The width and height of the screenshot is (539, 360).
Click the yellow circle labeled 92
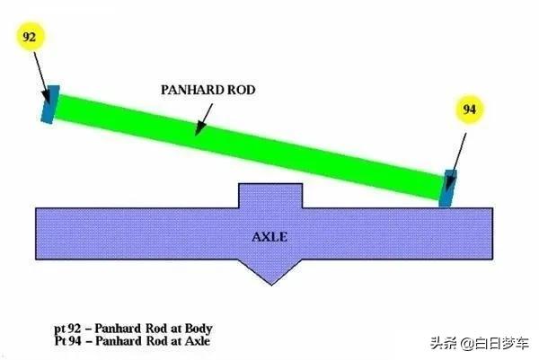click(x=30, y=37)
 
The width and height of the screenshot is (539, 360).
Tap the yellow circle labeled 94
click(x=469, y=110)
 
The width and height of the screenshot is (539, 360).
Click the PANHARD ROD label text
click(x=208, y=90)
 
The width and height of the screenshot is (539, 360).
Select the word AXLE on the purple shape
click(x=269, y=237)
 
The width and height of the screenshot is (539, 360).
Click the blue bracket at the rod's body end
click(x=50, y=104)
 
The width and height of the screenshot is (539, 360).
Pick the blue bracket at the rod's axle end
click(x=448, y=189)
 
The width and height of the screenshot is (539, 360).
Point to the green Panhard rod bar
click(x=249, y=147)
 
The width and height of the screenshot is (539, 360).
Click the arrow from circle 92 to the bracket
click(x=41, y=77)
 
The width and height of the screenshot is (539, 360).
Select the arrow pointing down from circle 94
click(x=456, y=162)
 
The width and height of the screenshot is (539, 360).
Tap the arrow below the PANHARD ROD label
click(x=204, y=119)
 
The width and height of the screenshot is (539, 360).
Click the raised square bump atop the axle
click(x=270, y=196)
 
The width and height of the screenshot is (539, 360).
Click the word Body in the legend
click(x=199, y=329)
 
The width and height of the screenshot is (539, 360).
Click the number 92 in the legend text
click(x=74, y=329)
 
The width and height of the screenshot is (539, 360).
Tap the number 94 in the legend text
click(x=75, y=341)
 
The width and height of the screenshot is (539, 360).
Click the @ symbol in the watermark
click(x=467, y=344)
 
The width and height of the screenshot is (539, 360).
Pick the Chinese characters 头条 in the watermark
click(x=445, y=344)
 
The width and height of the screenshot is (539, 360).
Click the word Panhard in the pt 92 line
click(x=118, y=329)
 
